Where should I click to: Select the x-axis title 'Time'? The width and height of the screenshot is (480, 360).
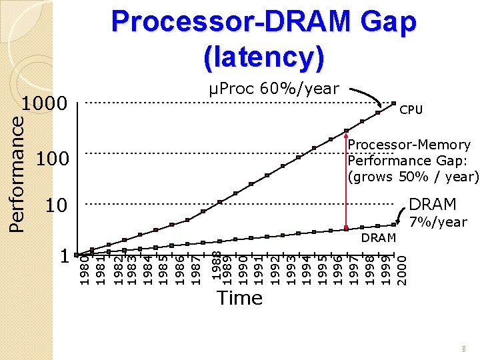[x=239, y=298]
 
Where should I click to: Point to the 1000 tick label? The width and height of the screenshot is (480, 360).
[x=45, y=105]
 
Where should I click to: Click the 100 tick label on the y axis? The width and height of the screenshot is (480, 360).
[x=53, y=159]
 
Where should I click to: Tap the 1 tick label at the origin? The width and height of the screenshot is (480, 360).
[x=64, y=256]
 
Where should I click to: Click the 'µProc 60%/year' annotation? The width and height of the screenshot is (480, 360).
[x=273, y=88]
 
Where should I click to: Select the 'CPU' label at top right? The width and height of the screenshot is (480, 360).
[x=411, y=109]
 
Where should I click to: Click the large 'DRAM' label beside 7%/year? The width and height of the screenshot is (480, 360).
[x=433, y=204]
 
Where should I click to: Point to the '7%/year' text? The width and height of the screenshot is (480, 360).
[x=438, y=222]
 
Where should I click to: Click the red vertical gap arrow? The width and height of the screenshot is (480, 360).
[x=347, y=180]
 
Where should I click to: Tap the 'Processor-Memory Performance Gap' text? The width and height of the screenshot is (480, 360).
[x=413, y=161]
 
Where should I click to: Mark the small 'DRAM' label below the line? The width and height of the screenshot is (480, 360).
[x=379, y=238]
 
